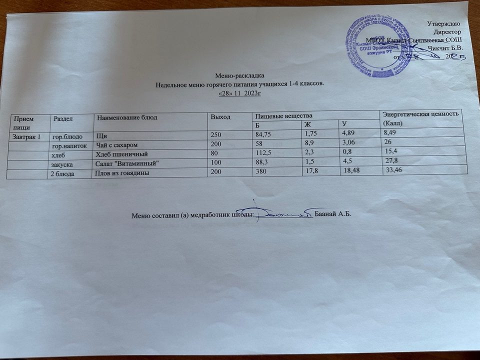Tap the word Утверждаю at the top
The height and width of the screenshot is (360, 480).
(x=448, y=23)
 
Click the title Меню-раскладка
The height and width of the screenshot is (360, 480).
(x=235, y=75)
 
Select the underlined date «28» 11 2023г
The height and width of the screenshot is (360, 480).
(x=240, y=92)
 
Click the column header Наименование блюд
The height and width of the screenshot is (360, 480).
(x=127, y=117)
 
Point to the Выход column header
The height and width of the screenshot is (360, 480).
(x=220, y=116)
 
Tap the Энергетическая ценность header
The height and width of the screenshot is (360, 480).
(x=419, y=114)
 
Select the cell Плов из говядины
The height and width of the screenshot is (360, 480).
(x=123, y=173)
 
